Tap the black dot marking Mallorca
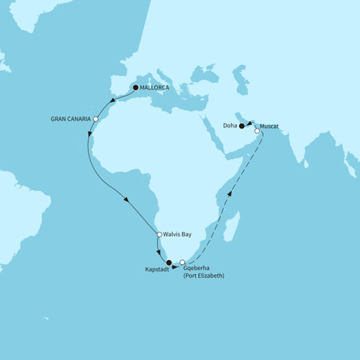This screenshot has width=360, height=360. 136,88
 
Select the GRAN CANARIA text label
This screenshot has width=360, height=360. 71,119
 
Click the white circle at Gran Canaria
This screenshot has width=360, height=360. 96,119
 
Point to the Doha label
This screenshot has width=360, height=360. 229,127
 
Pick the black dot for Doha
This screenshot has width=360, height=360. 242,127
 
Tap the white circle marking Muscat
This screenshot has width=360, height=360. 257,131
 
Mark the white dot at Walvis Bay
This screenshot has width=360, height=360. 160,234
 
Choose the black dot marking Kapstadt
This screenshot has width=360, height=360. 168,263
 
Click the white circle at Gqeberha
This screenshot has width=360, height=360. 183,263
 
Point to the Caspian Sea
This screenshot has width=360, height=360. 239,73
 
